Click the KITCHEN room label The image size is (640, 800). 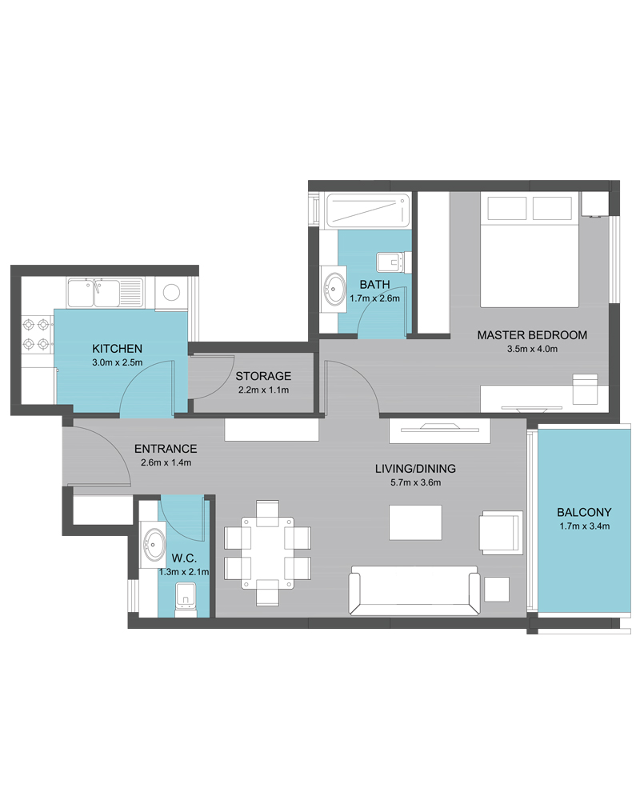point(117,349)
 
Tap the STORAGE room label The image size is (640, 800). point(263,376)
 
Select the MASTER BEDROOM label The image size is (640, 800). point(532,335)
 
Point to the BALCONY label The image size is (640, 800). point(584,512)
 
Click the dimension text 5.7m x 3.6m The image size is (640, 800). point(415,482)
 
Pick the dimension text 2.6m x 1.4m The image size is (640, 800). point(166,462)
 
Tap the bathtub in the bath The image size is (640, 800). point(368,210)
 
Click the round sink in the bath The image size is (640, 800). point(335,288)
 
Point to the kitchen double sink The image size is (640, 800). point(105,293)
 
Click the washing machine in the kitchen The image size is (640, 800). point(171,293)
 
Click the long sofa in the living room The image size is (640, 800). point(414,590)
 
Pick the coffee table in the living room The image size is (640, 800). point(415,522)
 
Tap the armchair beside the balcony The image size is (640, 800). point(501,533)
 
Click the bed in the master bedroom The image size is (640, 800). point(530,250)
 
